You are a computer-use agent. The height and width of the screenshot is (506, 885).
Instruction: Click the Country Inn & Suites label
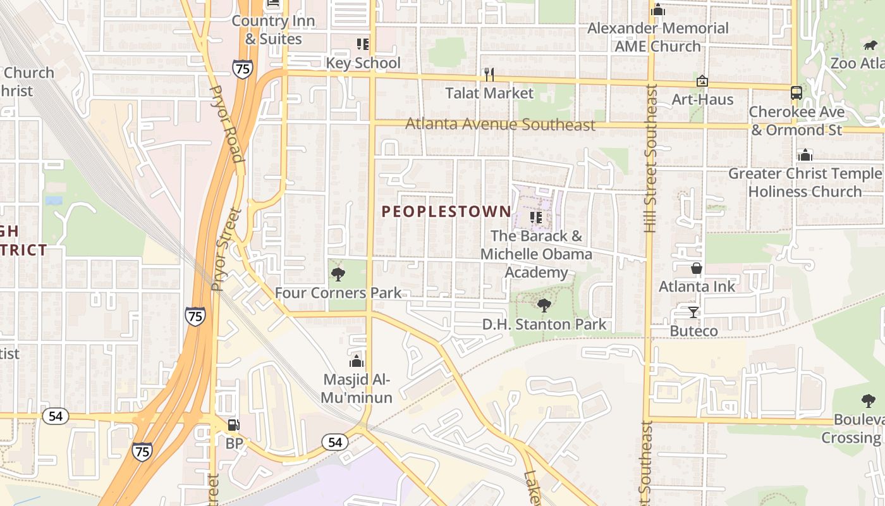[x=273, y=30]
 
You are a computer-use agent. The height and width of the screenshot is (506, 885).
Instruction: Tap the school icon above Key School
[x=362, y=44]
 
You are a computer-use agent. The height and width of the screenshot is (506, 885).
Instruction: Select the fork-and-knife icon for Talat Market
[x=489, y=75]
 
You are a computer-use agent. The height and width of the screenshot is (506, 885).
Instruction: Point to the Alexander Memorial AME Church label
[x=657, y=37]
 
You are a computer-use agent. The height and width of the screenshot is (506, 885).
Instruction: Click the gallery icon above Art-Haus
[x=702, y=81]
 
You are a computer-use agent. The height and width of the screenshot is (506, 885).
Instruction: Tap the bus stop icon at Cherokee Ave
[x=796, y=93]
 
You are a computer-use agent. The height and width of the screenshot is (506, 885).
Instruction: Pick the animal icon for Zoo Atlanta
[x=870, y=46]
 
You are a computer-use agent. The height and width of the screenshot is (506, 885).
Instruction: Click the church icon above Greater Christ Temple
[x=805, y=155]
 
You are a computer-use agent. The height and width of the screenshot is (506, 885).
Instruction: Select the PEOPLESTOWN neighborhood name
[x=446, y=212]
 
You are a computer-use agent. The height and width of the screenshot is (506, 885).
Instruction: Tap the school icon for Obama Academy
[x=536, y=218]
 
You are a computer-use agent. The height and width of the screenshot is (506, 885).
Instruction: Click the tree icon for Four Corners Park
[x=338, y=275]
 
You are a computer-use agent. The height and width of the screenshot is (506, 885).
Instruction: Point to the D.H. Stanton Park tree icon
[x=544, y=306]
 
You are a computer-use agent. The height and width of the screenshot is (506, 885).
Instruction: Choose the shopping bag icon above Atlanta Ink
[x=696, y=268]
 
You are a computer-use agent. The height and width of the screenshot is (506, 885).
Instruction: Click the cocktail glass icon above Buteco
[x=693, y=312]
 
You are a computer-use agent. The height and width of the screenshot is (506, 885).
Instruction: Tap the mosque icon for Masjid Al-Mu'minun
[x=357, y=361]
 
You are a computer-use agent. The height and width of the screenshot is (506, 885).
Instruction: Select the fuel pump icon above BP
[x=233, y=425]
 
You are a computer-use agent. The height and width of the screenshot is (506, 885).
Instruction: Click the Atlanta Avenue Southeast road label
[x=500, y=125]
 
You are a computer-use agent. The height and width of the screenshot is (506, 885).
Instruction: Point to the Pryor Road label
[x=227, y=124]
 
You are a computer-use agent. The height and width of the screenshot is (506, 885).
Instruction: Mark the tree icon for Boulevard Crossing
[x=868, y=400]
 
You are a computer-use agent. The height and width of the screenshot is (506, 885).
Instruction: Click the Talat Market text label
[x=489, y=93]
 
